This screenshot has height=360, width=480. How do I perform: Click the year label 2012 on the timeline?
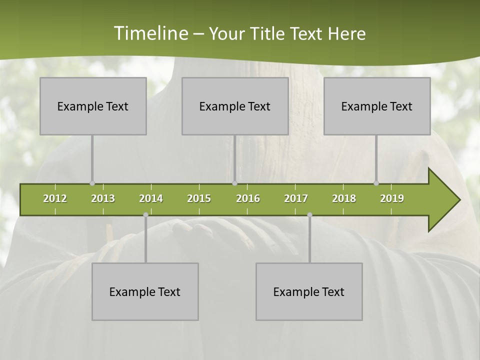(x=55, y=198)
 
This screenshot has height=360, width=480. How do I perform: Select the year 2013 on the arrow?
(x=103, y=198)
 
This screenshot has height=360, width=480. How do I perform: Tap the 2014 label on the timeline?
(x=151, y=198)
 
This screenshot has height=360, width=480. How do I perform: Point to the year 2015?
(x=199, y=198)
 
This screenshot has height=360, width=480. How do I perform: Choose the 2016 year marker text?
(x=248, y=198)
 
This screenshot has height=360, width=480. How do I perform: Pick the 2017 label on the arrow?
(x=296, y=198)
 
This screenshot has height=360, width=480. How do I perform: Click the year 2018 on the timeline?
(x=344, y=198)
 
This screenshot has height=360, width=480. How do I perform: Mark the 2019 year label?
(x=392, y=198)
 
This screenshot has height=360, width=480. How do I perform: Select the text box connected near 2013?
(x=93, y=106)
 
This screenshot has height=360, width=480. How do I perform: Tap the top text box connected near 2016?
(x=235, y=106)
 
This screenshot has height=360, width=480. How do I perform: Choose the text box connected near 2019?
(x=377, y=106)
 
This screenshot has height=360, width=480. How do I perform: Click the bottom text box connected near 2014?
(x=145, y=291)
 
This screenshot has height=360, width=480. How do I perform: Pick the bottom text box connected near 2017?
(x=309, y=291)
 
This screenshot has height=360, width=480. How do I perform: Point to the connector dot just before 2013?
(x=92, y=183)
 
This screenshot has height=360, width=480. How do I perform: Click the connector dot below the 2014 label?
(x=145, y=214)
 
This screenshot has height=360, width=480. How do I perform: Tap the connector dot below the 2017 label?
(x=309, y=214)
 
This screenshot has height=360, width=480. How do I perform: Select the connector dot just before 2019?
(x=376, y=183)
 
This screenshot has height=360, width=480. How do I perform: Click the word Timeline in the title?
(x=150, y=33)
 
